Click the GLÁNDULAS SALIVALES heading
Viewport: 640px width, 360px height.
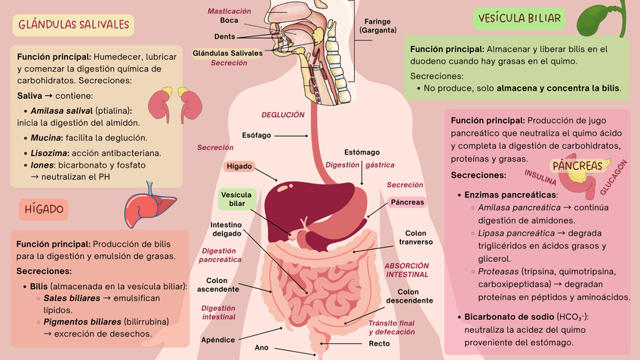pos(74,25)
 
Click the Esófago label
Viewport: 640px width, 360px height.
pos(257,135)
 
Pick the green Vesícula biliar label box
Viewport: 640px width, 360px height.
pos(237,199)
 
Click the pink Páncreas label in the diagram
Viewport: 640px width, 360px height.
pos(408,202)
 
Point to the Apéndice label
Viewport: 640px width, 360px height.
pos(218,340)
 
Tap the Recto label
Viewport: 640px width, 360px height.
pos(380,344)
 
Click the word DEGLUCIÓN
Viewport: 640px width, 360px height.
pos(283,115)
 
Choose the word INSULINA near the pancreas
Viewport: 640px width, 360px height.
pos(540,178)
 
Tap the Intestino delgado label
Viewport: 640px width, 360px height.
pos(226,229)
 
